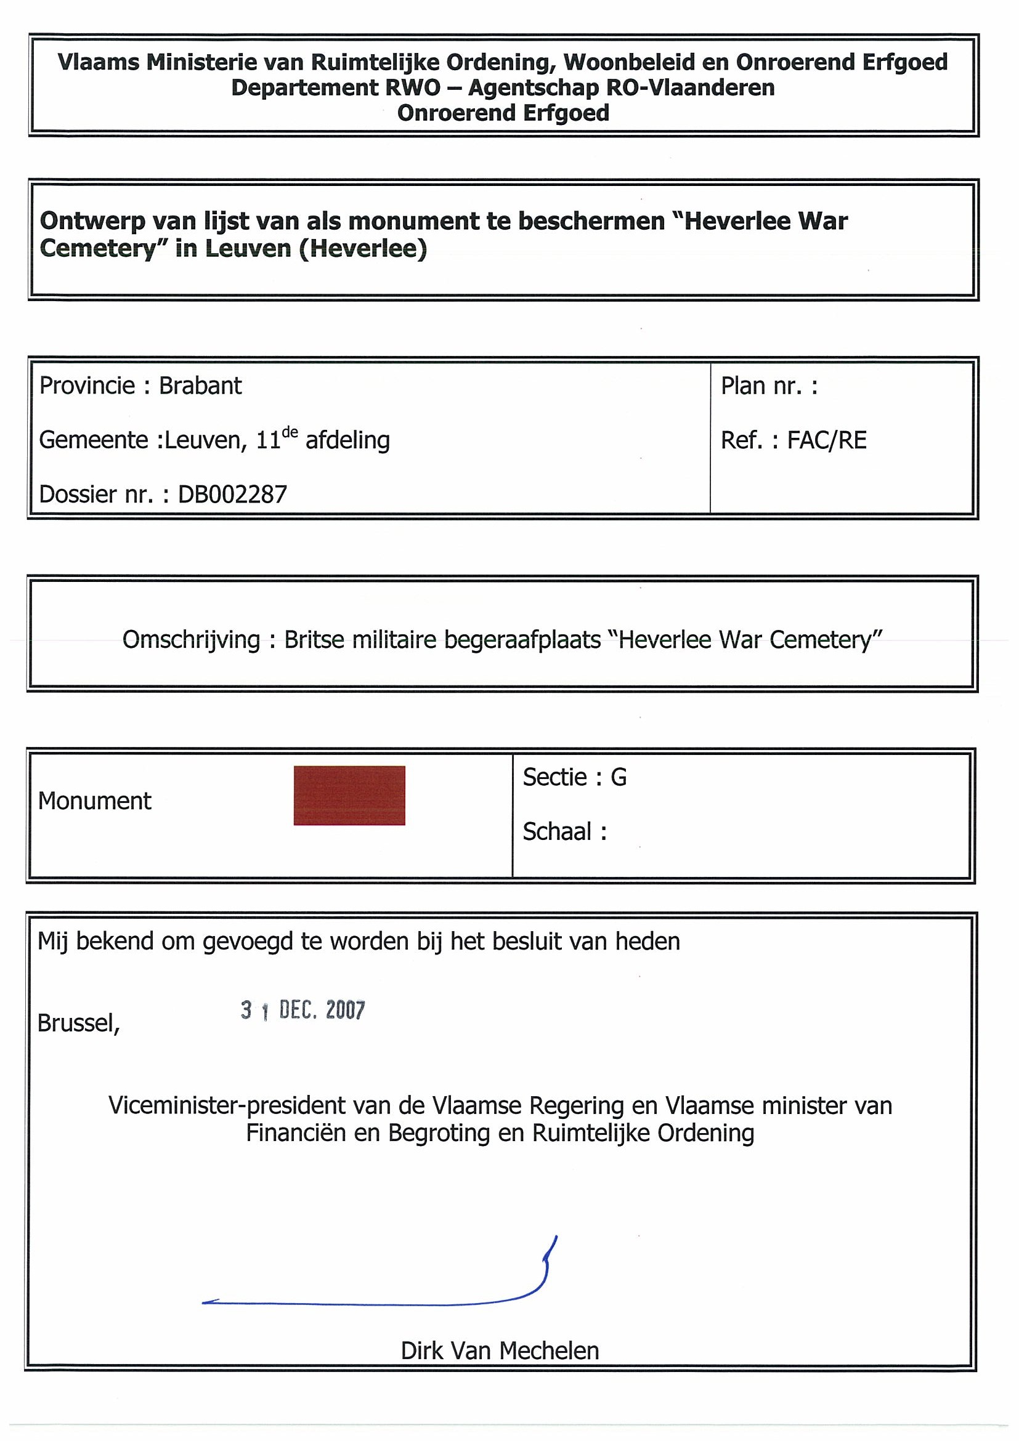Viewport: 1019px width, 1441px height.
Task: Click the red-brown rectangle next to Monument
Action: [x=349, y=795]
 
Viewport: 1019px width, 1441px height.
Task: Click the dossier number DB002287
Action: [x=232, y=494]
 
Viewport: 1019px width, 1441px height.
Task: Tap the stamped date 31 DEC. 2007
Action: [x=302, y=1010]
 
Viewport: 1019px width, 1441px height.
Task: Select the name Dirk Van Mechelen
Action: [x=500, y=1350]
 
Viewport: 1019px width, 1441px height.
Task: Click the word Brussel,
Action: [x=78, y=1023]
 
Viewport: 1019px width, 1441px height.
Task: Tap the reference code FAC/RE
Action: [x=827, y=440]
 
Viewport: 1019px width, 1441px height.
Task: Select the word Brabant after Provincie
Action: [x=200, y=385]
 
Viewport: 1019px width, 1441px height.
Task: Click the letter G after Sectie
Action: [x=619, y=777]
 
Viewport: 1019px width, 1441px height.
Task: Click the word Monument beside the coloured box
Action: [x=94, y=801]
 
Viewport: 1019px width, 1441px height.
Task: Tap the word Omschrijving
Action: [x=191, y=640]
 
